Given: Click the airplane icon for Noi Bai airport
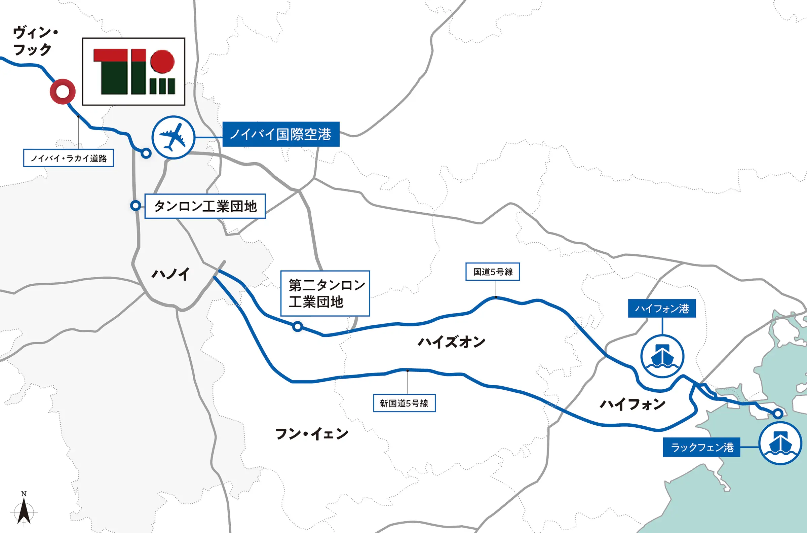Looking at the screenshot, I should [173, 137].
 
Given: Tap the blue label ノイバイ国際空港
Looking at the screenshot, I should [281, 134].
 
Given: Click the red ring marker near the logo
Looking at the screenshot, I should [63, 92].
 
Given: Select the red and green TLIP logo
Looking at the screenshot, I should [134, 71].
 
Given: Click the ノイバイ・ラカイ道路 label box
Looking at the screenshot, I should [68, 158].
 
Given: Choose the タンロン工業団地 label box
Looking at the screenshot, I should [205, 206].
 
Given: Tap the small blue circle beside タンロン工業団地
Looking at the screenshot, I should [136, 205].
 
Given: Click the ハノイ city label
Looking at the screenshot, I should [171, 274].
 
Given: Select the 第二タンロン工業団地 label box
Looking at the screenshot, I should [325, 293].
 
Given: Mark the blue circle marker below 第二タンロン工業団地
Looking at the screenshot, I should [298, 326].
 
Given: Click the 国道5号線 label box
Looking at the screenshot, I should [493, 272].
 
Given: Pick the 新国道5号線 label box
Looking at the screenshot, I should [404, 403].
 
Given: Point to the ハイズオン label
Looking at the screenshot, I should [451, 342].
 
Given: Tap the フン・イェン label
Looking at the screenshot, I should [311, 434].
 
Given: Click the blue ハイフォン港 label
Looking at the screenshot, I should [662, 308].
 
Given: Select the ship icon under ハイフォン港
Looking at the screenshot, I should [662, 356].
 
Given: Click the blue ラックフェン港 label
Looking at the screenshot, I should [701, 447].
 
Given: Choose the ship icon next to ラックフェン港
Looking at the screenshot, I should [780, 443].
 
